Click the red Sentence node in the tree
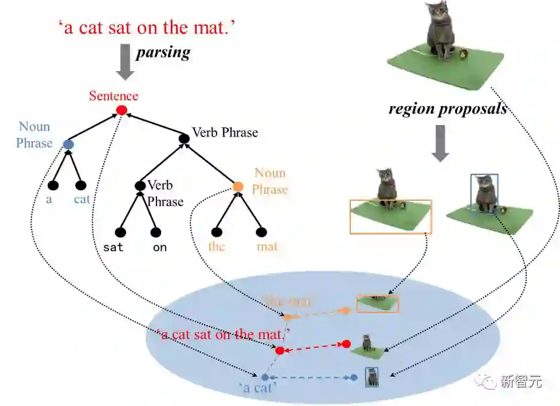(121, 110)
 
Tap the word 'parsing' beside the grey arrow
(163, 53)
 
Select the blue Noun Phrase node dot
(69, 144)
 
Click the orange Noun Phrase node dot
(238, 187)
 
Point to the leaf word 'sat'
(113, 248)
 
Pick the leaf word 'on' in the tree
(159, 248)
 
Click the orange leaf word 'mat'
(267, 247)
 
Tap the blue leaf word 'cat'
(82, 200)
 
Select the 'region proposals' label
(448, 108)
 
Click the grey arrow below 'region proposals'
(440, 143)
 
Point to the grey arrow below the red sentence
(125, 64)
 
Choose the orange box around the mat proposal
(390, 217)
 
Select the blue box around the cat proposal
(484, 194)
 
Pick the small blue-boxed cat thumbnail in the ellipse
(373, 377)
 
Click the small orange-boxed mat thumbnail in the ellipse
(377, 303)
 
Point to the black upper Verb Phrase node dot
(184, 138)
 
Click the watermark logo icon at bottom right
(489, 381)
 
